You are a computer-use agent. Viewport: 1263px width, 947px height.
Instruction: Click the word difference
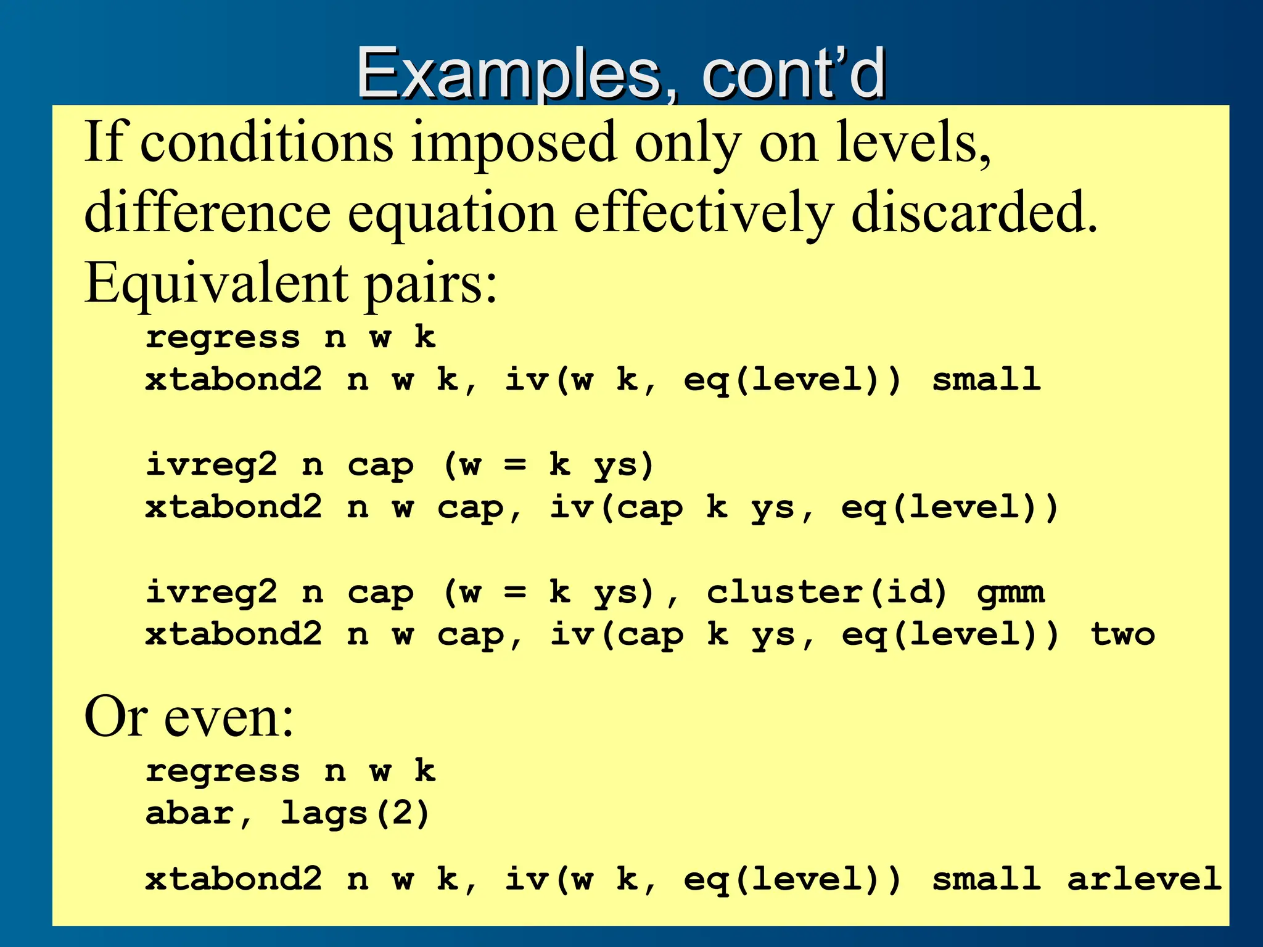207,213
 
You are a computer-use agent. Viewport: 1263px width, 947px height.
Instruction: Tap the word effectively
703,213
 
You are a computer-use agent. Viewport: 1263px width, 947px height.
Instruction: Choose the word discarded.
974,213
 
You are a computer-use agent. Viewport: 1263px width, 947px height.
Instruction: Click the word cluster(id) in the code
826,592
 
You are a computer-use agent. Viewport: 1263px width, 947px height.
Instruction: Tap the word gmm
1011,592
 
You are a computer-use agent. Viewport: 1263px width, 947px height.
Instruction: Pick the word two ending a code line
1123,634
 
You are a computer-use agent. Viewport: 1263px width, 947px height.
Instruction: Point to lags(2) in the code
355,813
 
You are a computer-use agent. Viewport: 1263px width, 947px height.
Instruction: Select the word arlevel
1145,879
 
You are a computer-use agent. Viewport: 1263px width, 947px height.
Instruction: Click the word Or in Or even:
115,717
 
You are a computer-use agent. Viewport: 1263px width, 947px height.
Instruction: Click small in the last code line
986,879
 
